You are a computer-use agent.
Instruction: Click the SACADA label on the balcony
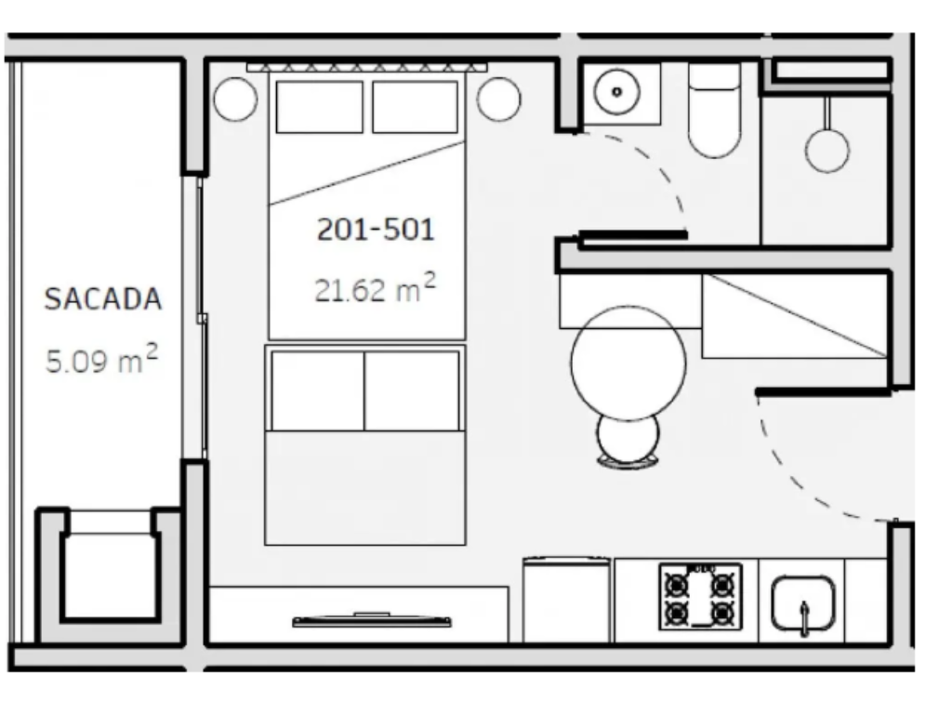(x=103, y=298)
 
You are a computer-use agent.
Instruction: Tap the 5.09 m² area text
(x=102, y=359)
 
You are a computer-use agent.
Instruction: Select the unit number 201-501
(x=376, y=230)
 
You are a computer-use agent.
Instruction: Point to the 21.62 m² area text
(x=376, y=288)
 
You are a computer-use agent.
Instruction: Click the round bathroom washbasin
(x=617, y=92)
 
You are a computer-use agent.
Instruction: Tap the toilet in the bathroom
(x=714, y=110)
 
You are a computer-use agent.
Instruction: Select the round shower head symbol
(x=826, y=150)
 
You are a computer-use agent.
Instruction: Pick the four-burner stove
(x=701, y=597)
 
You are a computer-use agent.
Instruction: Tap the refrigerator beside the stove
(x=566, y=600)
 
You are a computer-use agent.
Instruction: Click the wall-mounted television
(x=372, y=620)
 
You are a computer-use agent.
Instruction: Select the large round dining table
(x=628, y=364)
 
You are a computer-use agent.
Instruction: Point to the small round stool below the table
(x=628, y=439)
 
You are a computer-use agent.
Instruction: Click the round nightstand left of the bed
(x=235, y=99)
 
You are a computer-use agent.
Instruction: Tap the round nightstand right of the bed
(x=498, y=99)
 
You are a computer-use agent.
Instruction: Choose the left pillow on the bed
(x=320, y=107)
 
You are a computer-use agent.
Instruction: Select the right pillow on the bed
(x=416, y=107)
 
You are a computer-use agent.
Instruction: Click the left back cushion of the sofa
(x=318, y=390)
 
